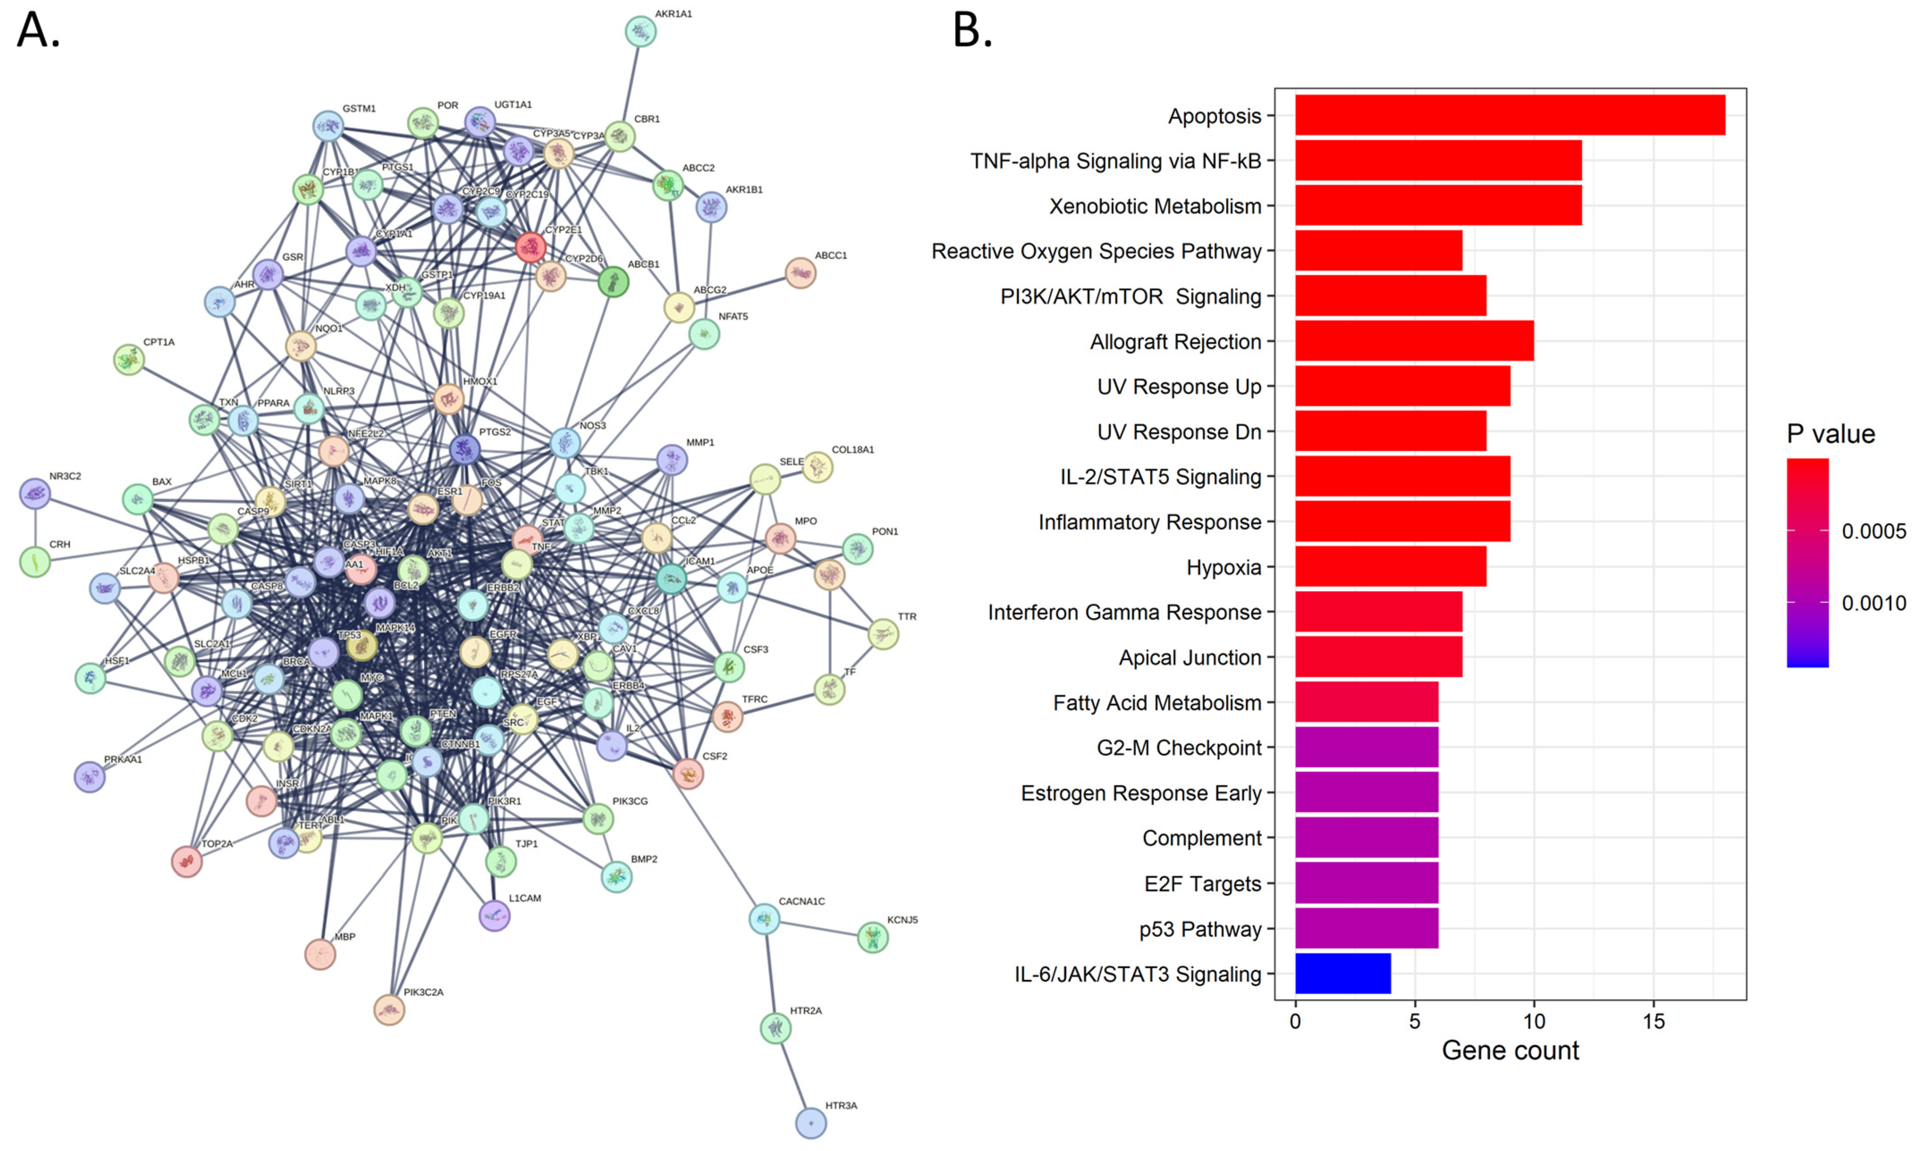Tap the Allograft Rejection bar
click(1414, 341)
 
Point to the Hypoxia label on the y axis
click(1224, 568)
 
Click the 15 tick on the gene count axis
click(1653, 1021)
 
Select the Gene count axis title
click(1510, 1050)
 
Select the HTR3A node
click(811, 1122)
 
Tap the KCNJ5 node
click(873, 937)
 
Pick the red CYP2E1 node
click(531, 247)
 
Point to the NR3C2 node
click(35, 493)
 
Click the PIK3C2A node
click(389, 1009)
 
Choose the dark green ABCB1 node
click(613, 282)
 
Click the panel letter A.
click(37, 31)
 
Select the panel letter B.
click(972, 31)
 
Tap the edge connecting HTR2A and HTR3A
click(793, 1076)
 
